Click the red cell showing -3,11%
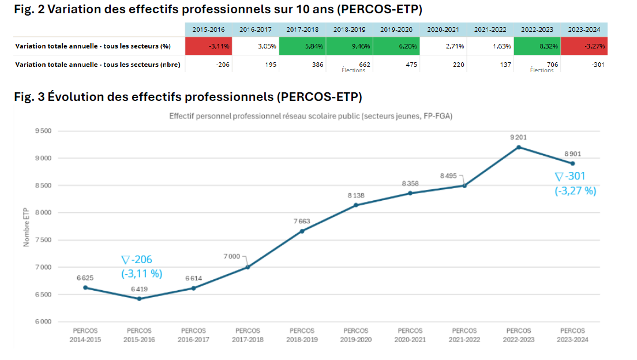pyautogui.click(x=208, y=46)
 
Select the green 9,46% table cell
pyautogui.click(x=349, y=46)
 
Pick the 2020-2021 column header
pyautogui.click(x=443, y=29)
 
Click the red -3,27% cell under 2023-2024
pyautogui.click(x=583, y=46)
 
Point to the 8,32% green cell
pyautogui.click(x=537, y=46)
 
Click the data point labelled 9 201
pyautogui.click(x=519, y=147)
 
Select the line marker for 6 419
pyautogui.click(x=139, y=299)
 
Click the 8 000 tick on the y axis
pyautogui.click(x=43, y=213)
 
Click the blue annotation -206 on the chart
pyautogui.click(x=137, y=260)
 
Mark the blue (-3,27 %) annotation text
pyautogui.click(x=575, y=190)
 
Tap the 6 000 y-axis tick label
pyautogui.click(x=43, y=322)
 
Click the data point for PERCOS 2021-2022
pyautogui.click(x=464, y=186)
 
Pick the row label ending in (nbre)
pyautogui.click(x=98, y=65)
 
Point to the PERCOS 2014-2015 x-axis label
pyautogui.click(x=85, y=335)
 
